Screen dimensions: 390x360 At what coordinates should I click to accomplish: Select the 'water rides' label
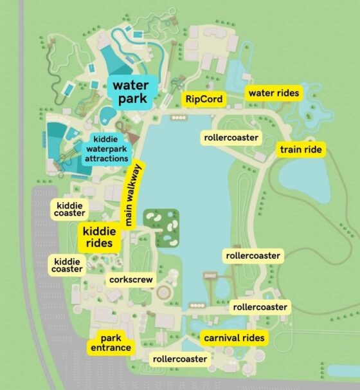273,93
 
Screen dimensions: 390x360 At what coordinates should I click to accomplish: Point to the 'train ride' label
301,150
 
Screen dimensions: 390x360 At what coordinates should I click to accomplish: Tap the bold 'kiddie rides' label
100,237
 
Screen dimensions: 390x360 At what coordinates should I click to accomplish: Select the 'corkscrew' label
130,281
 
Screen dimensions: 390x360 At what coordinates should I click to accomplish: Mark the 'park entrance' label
110,343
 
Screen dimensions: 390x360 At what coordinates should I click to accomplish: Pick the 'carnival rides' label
234,338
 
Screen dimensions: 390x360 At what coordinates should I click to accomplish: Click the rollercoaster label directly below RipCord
231,138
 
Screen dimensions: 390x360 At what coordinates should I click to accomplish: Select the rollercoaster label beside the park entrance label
179,358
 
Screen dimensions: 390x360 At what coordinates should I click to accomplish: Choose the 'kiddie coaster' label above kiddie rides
69,209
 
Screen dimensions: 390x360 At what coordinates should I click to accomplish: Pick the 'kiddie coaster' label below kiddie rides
67,265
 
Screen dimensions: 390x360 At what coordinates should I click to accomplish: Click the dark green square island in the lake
161,228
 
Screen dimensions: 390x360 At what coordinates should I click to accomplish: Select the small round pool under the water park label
107,115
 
